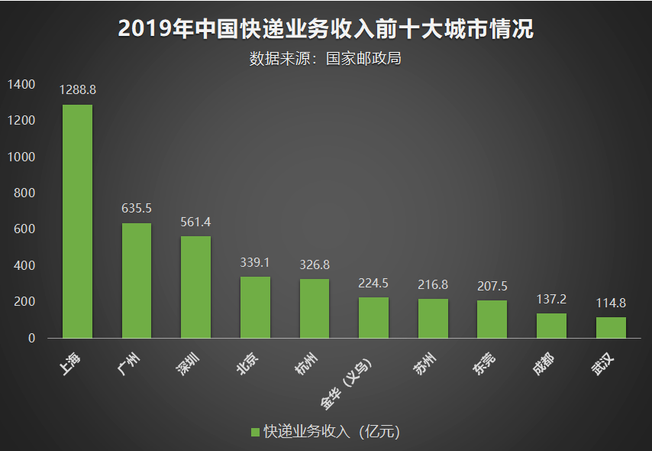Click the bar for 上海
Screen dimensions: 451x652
click(x=77, y=221)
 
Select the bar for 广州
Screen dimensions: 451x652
click(x=137, y=280)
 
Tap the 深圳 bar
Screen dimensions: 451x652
click(x=195, y=287)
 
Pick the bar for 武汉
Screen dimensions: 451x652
click(x=611, y=327)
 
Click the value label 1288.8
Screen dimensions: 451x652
click(x=77, y=90)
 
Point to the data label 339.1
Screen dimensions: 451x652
click(x=255, y=262)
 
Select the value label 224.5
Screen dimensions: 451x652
click(x=373, y=283)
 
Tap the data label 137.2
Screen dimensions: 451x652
click(x=551, y=299)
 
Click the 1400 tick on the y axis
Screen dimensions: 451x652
click(x=22, y=85)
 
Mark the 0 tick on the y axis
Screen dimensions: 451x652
click(x=32, y=338)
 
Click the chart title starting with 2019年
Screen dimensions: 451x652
click(x=326, y=29)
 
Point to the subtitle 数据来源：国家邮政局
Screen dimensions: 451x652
click(x=326, y=58)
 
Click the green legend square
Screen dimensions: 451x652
click(x=256, y=432)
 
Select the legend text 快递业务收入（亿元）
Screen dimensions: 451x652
click(x=331, y=432)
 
